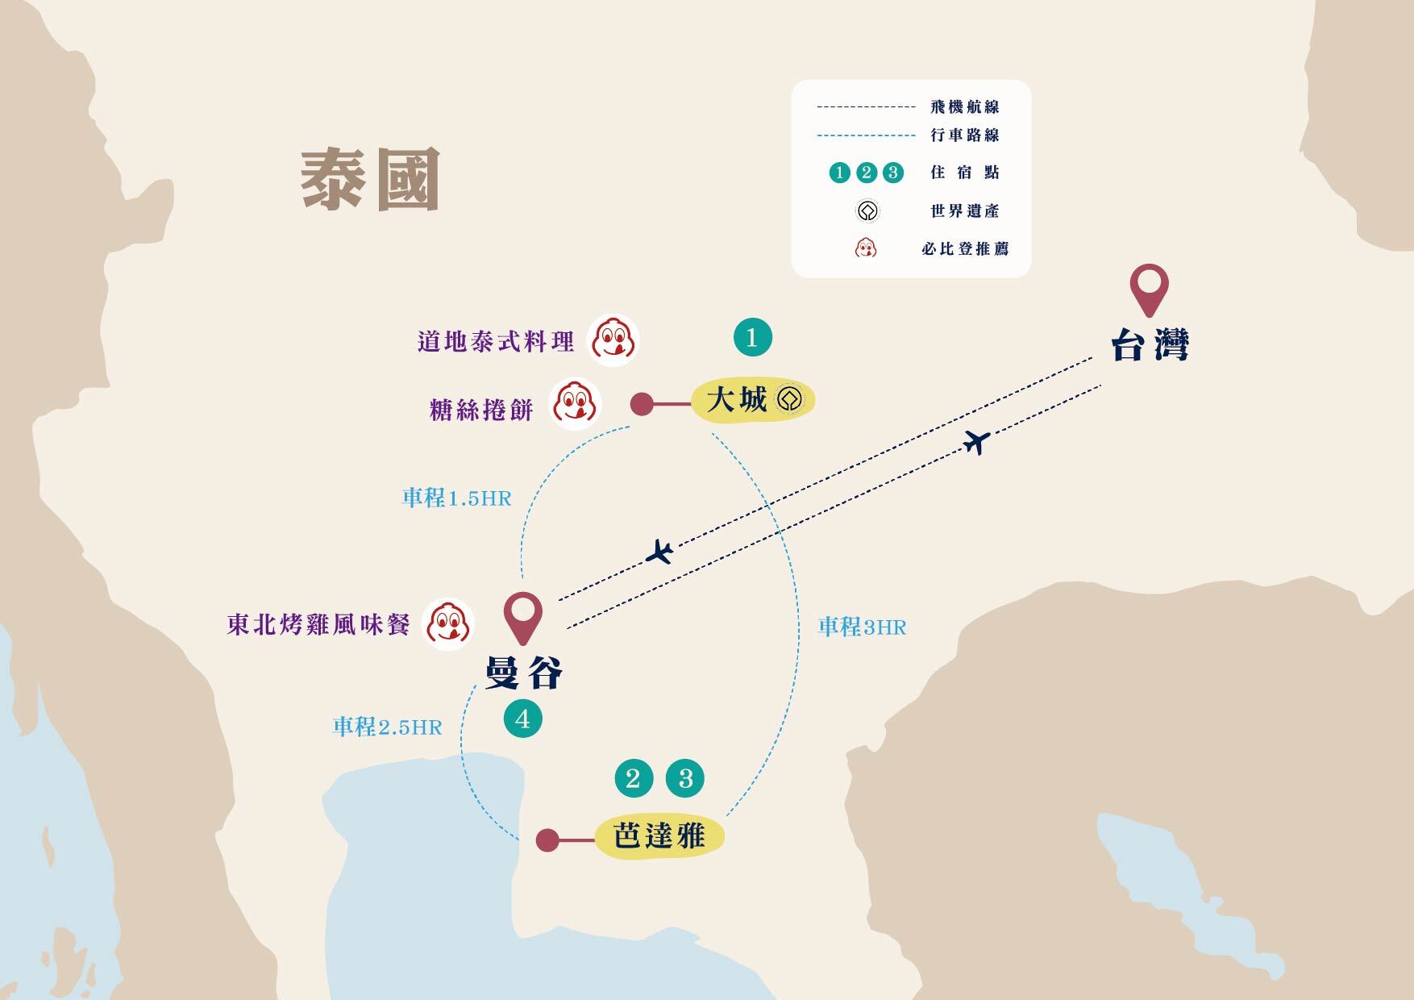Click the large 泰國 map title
[370, 179]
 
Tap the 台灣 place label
[1150, 346]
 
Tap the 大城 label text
[736, 399]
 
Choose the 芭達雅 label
[659, 836]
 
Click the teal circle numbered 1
[752, 337]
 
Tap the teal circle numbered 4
[522, 719]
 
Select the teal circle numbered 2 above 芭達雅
[633, 778]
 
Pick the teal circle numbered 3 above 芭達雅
[685, 778]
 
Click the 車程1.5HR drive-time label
[457, 498]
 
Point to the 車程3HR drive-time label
[863, 627]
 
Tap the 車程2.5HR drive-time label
[388, 727]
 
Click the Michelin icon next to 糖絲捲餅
[575, 404]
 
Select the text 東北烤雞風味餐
[319, 625]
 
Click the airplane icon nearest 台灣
[977, 442]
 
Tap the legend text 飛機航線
[965, 106]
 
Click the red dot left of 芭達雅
[547, 840]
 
